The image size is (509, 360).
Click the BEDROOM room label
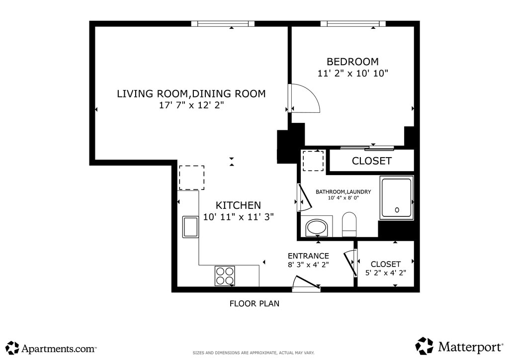point(352,62)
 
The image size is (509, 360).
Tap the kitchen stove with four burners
point(225,276)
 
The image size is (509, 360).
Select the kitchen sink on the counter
point(190,227)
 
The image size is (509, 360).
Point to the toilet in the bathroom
point(349,225)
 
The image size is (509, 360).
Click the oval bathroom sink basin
point(317,228)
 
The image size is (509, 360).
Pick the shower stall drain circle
point(397,210)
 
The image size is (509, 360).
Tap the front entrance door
point(307,283)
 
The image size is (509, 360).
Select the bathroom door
point(305,198)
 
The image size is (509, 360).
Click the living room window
point(223,24)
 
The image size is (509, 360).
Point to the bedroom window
point(353,24)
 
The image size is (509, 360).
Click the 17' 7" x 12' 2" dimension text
point(191,105)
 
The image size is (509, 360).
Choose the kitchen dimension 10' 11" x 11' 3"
point(239,217)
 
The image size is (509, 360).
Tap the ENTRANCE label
point(308,256)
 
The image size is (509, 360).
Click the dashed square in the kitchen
point(192,178)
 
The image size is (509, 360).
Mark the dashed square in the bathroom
point(313,161)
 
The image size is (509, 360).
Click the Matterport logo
point(459,347)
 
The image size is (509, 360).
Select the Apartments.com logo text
point(59,349)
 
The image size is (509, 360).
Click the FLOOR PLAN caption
point(254,303)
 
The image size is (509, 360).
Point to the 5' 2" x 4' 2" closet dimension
point(386,273)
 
